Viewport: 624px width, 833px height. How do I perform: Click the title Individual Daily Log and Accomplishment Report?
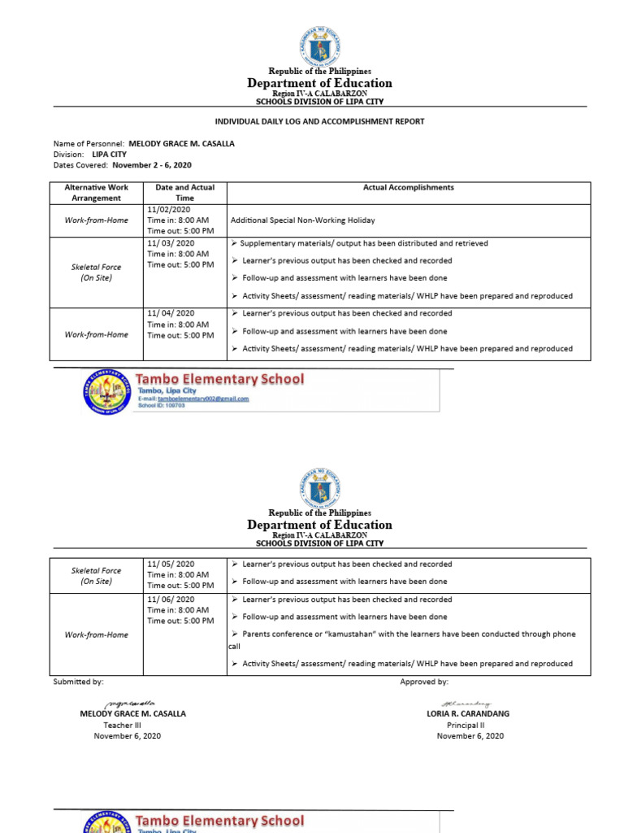point(319,121)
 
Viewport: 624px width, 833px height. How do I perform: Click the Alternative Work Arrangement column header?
point(96,192)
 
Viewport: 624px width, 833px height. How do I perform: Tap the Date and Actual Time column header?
point(184,192)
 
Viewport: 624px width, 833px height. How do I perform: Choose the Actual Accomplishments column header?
point(408,187)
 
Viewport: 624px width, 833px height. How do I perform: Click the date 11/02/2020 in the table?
point(169,209)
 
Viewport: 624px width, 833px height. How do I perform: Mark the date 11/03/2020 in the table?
point(171,243)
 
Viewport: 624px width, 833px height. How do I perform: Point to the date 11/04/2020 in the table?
point(171,313)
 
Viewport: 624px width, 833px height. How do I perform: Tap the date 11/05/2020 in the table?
point(171,564)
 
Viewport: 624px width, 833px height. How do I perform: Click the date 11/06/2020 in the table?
point(171,600)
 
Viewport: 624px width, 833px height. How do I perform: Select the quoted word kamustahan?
point(341,635)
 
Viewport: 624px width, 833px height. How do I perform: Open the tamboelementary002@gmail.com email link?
point(203,399)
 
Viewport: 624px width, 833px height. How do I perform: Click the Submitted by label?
point(78,682)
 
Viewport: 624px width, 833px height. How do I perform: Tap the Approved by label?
point(424,682)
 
